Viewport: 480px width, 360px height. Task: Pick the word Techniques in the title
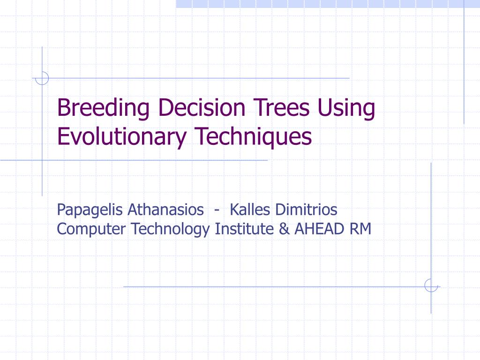pyautogui.click(x=253, y=136)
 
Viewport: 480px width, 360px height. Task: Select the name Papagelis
pyautogui.click(x=90, y=210)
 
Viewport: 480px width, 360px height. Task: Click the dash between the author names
pyautogui.click(x=217, y=210)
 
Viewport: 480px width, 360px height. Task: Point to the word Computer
pyautogui.click(x=91, y=229)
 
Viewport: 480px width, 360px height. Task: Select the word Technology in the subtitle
pyautogui.click(x=171, y=229)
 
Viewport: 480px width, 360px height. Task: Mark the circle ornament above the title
pyautogui.click(x=42, y=78)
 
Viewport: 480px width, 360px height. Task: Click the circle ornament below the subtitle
pyautogui.click(x=431, y=285)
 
